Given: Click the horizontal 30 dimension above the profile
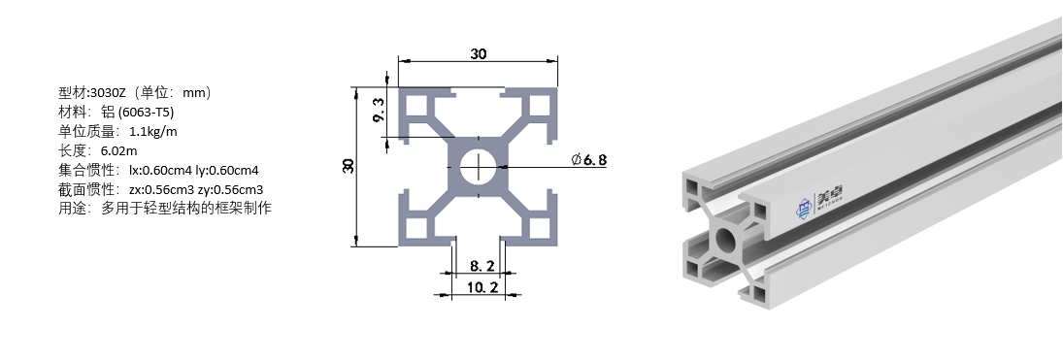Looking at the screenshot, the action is [x=478, y=53].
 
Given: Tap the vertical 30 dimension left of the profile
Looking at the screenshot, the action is [x=349, y=165].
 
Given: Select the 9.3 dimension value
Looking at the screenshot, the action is [x=379, y=108].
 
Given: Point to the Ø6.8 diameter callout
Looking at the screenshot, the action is [x=588, y=160].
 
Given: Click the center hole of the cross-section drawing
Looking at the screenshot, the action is [x=478, y=166].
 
